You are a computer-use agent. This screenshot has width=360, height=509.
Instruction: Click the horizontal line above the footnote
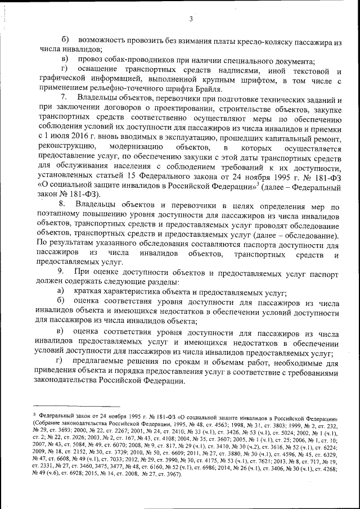coord(76,406)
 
